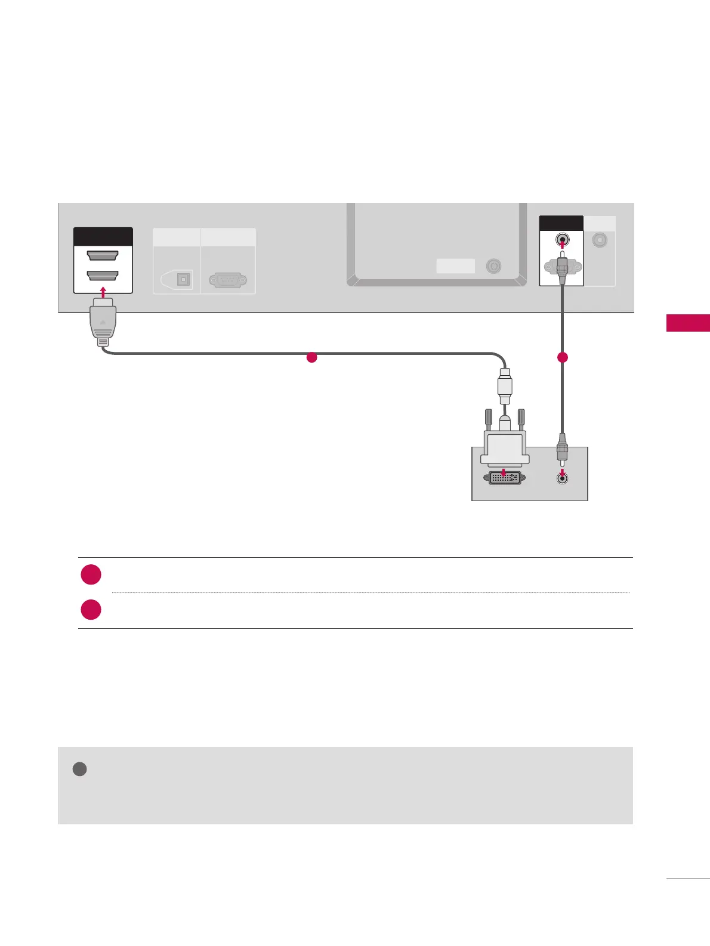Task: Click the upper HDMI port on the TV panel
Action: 103,255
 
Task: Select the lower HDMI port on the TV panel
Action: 103,275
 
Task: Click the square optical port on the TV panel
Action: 183,280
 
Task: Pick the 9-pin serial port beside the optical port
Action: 228,280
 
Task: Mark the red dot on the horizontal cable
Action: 311,358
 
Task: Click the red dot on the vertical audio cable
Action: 562,358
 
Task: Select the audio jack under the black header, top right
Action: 562,240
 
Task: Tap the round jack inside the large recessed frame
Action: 493,266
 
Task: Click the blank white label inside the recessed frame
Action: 455,266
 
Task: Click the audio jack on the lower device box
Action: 561,477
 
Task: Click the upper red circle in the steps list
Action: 91,574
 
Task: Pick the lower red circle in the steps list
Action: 91,609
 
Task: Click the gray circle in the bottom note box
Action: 79,769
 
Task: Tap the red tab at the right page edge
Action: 688,323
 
